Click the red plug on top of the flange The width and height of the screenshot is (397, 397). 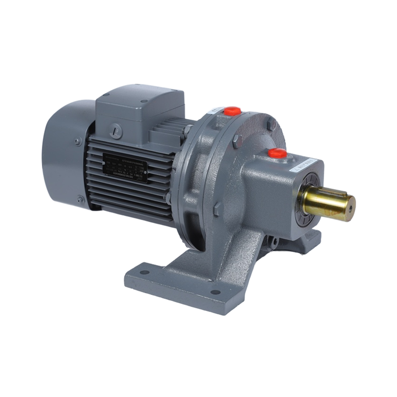click(x=232, y=111)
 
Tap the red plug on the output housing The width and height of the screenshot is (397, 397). click(x=278, y=153)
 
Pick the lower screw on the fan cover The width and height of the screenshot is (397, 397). click(x=81, y=199)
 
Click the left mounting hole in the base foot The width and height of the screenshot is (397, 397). click(x=144, y=272)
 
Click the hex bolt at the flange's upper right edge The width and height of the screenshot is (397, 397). click(x=270, y=126)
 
